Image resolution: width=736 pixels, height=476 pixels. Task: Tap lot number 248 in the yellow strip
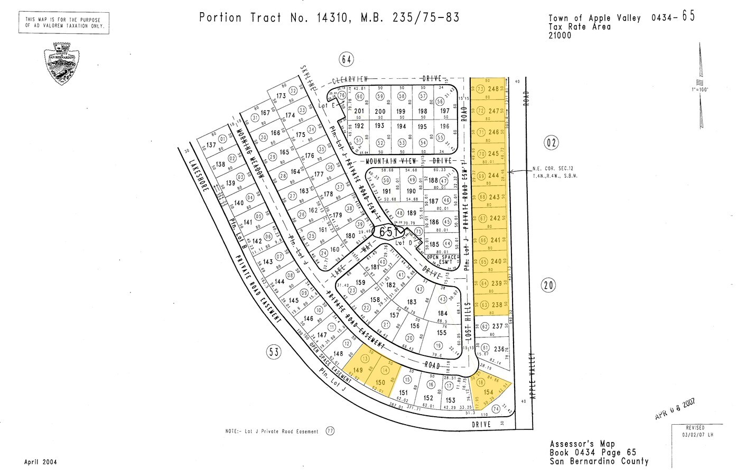[x=493, y=89]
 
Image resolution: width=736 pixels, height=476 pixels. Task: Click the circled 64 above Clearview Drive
[x=346, y=59]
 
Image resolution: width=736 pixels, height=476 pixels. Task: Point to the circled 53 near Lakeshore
[x=274, y=352]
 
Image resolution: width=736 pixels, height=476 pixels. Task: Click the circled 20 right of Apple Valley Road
[x=548, y=286]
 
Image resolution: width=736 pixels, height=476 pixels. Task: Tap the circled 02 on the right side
[x=551, y=142]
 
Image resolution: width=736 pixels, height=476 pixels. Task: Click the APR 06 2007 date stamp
[x=675, y=409]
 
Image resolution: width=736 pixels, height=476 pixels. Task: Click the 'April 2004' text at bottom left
[x=40, y=462]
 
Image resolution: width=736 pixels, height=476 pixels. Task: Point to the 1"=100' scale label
[x=700, y=89]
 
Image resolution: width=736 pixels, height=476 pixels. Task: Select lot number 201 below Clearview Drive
[x=359, y=111]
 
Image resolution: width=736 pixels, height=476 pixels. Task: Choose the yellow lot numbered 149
[x=358, y=370]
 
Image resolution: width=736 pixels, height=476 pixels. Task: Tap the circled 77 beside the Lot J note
[x=331, y=431]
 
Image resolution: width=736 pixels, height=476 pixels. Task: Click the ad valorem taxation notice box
[x=64, y=23]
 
